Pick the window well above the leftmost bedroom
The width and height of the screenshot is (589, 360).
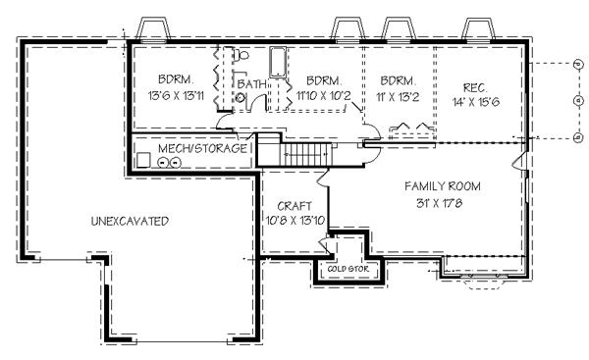click(154, 28)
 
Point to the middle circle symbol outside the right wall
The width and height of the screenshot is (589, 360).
click(576, 100)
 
